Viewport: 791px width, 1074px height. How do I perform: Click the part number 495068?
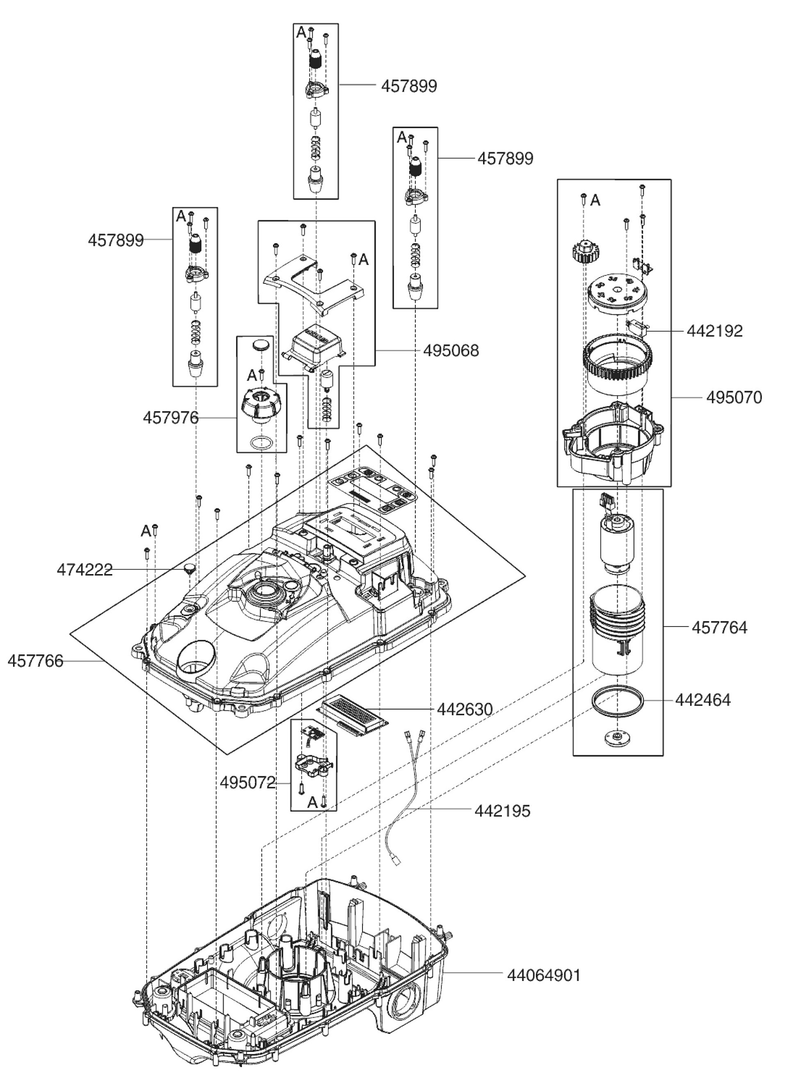(451, 351)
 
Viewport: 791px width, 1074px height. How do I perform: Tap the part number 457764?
(719, 627)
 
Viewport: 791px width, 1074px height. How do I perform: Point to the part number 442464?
(703, 700)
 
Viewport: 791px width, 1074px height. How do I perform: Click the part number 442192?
(715, 331)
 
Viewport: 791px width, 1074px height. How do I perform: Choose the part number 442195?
(502, 811)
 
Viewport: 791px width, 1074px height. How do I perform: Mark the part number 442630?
(464, 709)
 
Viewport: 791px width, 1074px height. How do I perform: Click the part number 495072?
(248, 782)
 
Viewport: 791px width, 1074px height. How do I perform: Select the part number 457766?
(35, 661)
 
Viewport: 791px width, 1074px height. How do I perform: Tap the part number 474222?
(84, 570)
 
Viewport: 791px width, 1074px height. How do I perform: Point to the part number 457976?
(170, 418)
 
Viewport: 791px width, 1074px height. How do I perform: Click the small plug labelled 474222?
(190, 568)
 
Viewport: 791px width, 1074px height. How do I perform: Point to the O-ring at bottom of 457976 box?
(262, 443)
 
